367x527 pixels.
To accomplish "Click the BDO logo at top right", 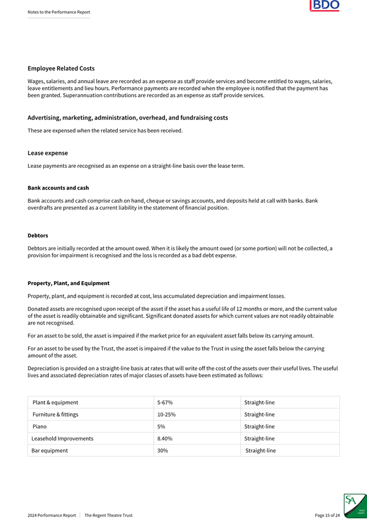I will [324, 6].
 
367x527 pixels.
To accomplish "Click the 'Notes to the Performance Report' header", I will [59, 12].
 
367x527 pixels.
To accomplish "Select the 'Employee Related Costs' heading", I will [61, 68].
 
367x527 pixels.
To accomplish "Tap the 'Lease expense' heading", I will [48, 153].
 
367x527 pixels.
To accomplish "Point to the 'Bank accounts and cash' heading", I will [58, 188].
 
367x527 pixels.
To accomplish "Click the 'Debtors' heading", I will [38, 235].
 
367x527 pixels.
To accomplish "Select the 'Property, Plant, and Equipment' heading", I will [68, 283].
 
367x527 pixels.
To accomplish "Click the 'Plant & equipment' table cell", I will [55, 402].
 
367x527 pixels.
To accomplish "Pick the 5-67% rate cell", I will [165, 402].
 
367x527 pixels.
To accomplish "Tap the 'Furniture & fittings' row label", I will [55, 414].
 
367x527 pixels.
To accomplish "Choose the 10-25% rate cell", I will [166, 414].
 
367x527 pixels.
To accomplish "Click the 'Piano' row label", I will [40, 426].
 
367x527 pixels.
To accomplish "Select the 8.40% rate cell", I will [165, 439].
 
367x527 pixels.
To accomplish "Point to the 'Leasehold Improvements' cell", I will [63, 439].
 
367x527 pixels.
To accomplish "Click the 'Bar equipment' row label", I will [50, 451].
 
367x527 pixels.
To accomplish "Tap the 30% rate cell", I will [162, 451].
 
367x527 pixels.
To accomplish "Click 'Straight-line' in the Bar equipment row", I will [261, 451].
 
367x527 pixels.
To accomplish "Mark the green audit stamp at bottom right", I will [354, 506].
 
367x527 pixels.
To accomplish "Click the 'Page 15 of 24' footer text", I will [327, 515].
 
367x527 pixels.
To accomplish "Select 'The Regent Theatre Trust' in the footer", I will [108, 515].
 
